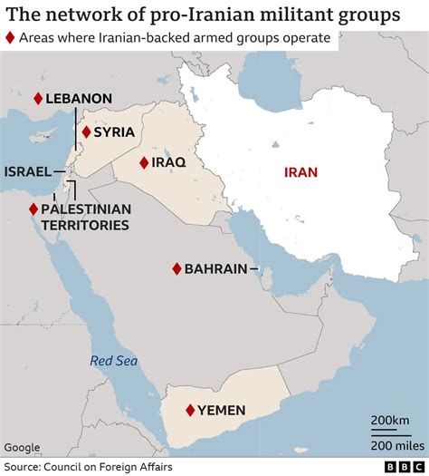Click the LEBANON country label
[80, 98]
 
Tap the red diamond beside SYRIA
[86, 131]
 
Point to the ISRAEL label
[27, 171]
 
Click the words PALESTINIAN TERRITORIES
[85, 216]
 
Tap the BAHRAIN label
[215, 269]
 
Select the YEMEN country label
[222, 411]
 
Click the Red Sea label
[113, 362]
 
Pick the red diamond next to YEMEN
[190, 411]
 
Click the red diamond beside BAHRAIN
[176, 269]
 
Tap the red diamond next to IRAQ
[144, 162]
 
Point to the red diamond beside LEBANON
[38, 98]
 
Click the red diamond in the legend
[10, 38]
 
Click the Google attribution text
[22, 447]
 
